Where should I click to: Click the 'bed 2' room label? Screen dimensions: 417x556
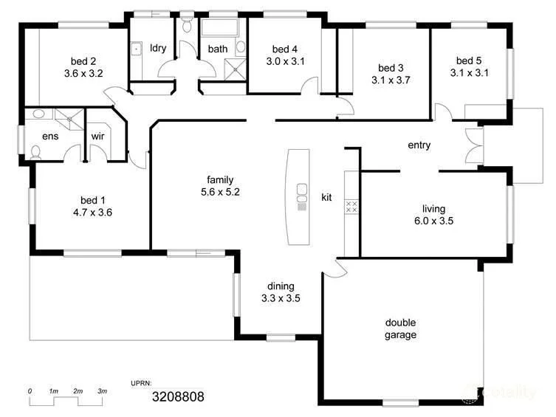tap(83, 61)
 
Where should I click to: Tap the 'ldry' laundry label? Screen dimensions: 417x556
tap(157, 49)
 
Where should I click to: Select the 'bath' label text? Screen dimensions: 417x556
tap(218, 49)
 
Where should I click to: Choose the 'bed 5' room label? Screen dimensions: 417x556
tap(469, 61)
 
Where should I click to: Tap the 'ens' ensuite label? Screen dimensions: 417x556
tap(50, 136)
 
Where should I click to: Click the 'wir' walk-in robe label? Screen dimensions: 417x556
tap(98, 137)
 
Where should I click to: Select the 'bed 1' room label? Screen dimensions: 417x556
tap(93, 199)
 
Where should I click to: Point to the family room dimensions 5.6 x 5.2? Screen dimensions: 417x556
tap(220, 192)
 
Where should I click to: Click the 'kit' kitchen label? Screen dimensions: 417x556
tap(326, 197)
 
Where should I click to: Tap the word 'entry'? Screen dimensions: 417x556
tap(419, 145)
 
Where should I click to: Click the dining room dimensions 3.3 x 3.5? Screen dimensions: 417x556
tap(281, 299)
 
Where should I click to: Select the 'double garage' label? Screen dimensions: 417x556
tap(401, 328)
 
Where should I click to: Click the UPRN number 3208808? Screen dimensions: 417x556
tap(178, 396)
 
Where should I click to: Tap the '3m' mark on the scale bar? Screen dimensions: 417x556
tap(103, 390)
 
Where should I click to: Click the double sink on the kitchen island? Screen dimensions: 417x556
tap(301, 193)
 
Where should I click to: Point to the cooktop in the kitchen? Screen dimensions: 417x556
tap(352, 207)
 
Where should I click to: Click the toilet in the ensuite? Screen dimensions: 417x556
tap(35, 152)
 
